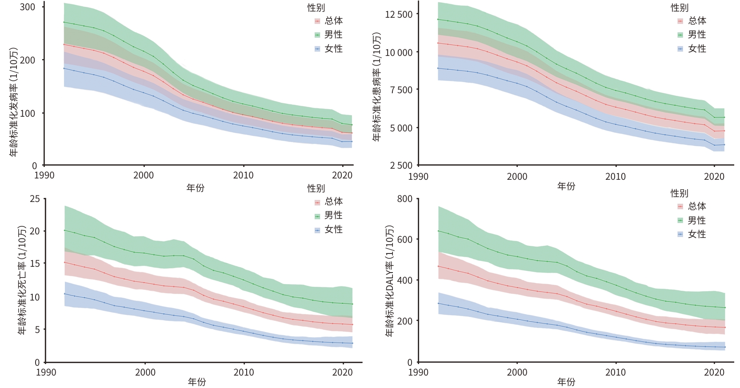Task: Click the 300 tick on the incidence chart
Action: [28, 7]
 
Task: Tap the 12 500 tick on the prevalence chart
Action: [399, 15]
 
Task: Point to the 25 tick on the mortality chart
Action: [35, 199]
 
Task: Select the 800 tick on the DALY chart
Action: [404, 199]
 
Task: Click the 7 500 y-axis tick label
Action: [399, 90]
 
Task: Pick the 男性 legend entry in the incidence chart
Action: [333, 35]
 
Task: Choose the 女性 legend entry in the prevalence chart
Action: [696, 49]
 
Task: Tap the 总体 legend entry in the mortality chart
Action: [333, 202]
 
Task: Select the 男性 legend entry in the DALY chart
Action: [696, 220]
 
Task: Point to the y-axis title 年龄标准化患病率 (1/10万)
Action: [377, 87]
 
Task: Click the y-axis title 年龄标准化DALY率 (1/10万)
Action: [389, 281]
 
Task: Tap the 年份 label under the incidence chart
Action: [196, 188]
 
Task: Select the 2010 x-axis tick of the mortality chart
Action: [244, 372]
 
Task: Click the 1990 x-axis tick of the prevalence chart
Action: [418, 177]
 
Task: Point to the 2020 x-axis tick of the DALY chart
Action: [714, 372]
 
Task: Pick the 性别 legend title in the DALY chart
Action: [679, 193]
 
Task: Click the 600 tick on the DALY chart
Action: [404, 239]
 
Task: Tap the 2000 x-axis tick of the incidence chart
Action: [144, 175]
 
